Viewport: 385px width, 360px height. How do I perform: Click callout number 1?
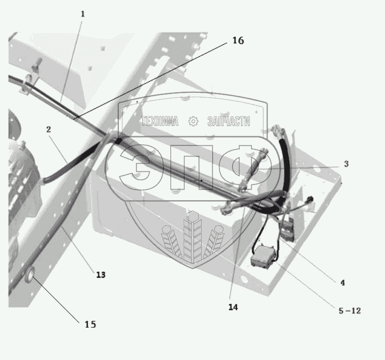tap(82, 14)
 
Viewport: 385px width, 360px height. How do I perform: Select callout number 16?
tap(238, 41)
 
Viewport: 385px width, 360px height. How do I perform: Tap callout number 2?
tap(49, 129)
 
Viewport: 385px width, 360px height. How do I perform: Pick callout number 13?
tap(100, 275)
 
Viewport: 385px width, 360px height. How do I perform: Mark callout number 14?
tap(233, 307)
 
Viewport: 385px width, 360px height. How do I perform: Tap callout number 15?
tap(90, 324)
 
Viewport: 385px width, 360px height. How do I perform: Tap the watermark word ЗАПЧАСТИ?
tap(228, 121)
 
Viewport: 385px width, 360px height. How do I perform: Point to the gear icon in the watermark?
tap(193, 121)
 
